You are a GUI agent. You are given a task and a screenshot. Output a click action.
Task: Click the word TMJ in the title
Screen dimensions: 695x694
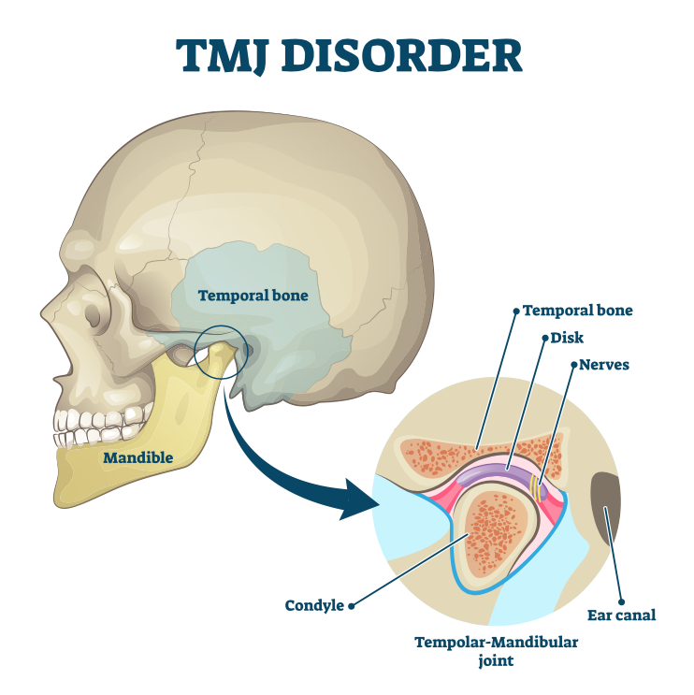232,55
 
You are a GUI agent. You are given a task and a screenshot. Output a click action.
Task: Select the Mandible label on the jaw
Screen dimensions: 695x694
138,457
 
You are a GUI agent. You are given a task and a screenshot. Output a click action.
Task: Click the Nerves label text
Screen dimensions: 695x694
604,364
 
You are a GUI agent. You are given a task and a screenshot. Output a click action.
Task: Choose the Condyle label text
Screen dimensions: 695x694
314,605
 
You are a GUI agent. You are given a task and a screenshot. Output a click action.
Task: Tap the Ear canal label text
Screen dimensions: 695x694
621,615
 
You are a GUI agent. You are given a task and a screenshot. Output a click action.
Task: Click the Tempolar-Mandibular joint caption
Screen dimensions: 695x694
497,651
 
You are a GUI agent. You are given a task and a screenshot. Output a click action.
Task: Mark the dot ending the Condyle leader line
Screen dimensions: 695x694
352,605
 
